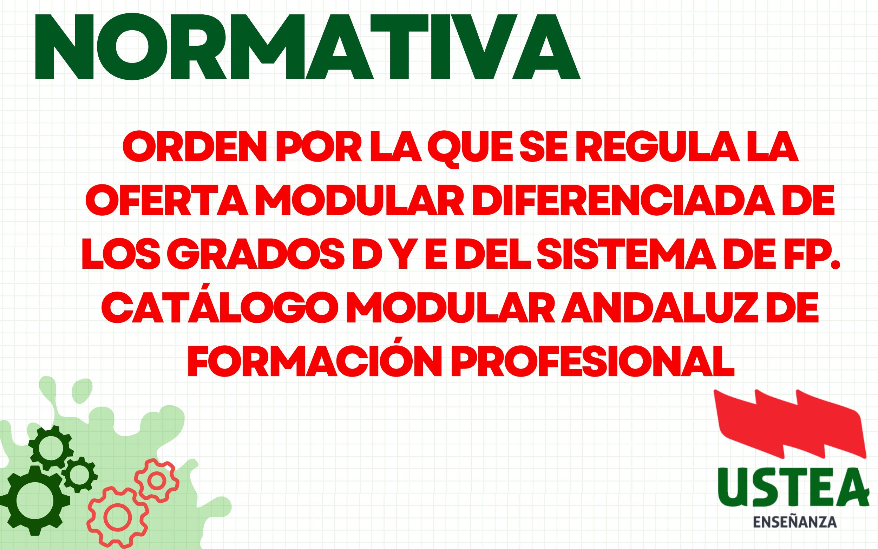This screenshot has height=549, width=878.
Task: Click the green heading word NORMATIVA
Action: pyautogui.click(x=307, y=46)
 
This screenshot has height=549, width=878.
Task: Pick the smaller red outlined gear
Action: pyautogui.click(x=157, y=481)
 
